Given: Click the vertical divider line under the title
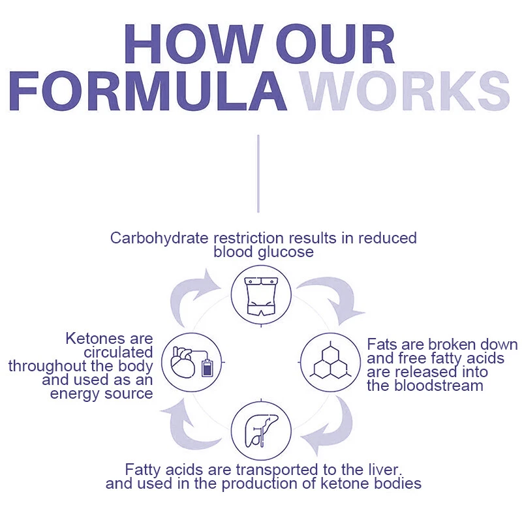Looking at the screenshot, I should point(258,173).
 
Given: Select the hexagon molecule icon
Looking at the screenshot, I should point(328,361).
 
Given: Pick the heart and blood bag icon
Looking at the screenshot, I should point(191,361).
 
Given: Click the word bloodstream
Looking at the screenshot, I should point(425,385).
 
